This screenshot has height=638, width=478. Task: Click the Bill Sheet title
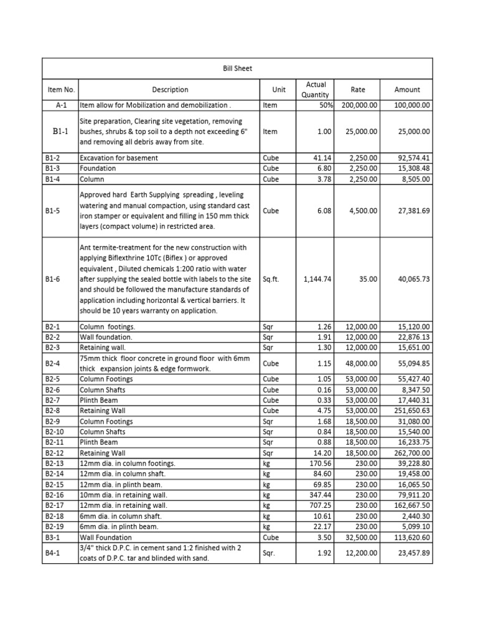237,68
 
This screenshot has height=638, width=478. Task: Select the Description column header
170,90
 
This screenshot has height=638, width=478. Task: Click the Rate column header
358,90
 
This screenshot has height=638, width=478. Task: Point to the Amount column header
407,90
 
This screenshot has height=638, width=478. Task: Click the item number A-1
60,106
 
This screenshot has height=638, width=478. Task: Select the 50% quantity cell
324,106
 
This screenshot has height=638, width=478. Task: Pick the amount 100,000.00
413,106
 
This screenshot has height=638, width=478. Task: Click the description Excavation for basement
119,158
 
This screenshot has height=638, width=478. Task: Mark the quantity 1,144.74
317,280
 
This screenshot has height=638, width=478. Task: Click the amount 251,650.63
410,411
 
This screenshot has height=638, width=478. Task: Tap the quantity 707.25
321,505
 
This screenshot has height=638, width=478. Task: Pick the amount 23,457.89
413,552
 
